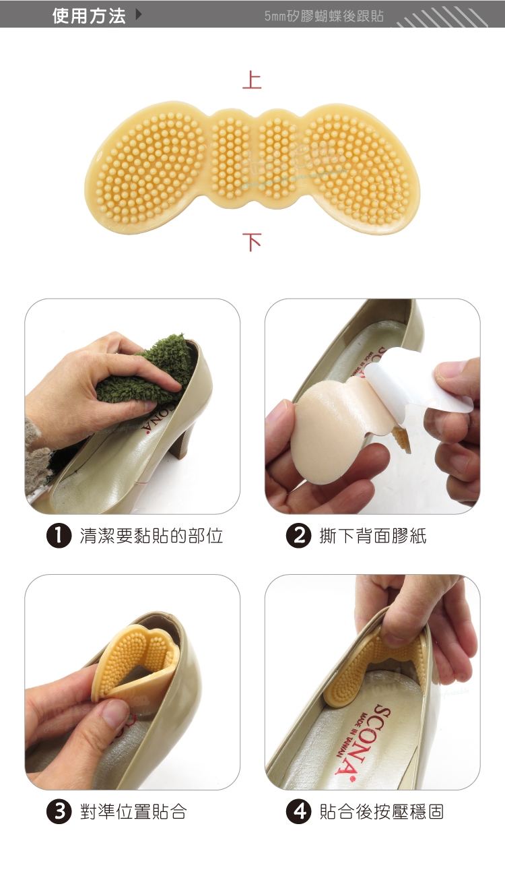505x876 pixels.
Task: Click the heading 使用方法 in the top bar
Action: (89, 16)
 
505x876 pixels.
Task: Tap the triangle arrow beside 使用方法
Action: (138, 15)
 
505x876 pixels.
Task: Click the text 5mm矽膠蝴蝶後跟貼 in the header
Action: (324, 16)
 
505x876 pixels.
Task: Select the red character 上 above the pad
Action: (252, 80)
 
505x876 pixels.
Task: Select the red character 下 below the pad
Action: (252, 242)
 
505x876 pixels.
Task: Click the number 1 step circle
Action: (59, 536)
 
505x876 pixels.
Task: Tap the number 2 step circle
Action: (298, 536)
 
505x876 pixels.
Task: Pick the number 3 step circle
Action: (59, 812)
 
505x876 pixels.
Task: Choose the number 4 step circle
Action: (298, 812)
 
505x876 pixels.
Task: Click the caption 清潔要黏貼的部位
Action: (151, 536)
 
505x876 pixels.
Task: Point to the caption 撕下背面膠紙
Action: (373, 536)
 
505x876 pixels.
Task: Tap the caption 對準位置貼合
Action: (133, 812)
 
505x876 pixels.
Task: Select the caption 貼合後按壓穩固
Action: (382, 812)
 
